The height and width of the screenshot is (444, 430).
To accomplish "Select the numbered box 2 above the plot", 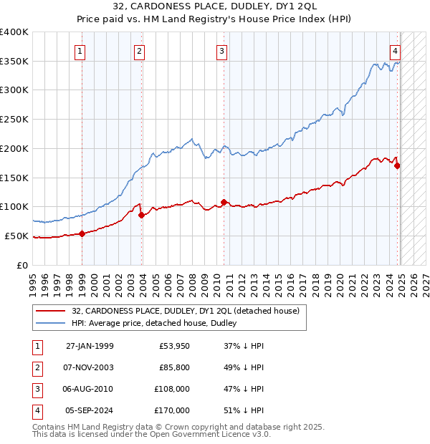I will tap(139, 51).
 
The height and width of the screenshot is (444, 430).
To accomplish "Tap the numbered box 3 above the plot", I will tap(222, 51).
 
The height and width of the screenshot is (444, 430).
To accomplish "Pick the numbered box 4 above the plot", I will tap(395, 51).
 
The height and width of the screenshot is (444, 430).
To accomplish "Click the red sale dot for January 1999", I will tap(82, 233).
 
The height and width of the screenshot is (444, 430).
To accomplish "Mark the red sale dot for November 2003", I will tap(141, 214).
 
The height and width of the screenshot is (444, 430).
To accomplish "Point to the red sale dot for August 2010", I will tap(224, 202).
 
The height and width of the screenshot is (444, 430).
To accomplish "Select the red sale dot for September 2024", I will tap(397, 165).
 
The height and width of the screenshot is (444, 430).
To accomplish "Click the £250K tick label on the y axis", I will tap(14, 119).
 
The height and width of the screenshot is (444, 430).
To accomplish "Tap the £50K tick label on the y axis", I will tap(17, 236).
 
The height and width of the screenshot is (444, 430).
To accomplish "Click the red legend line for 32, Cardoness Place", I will tap(50, 311).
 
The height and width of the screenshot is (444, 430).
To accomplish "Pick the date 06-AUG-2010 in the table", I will tap(89, 390).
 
